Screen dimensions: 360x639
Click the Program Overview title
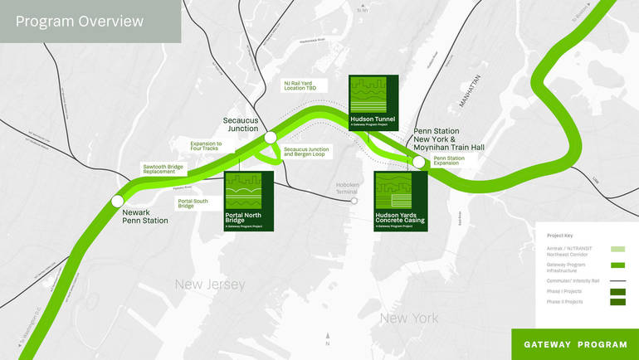[80, 22]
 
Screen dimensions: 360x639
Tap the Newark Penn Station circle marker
[118, 201]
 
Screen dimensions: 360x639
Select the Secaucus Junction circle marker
[270, 137]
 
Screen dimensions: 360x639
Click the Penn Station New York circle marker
[419, 163]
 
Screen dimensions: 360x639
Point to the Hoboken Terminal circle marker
[354, 201]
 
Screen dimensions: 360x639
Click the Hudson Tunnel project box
[373, 104]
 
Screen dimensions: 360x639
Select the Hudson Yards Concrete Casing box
[401, 201]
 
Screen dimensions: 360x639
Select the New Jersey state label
[210, 285]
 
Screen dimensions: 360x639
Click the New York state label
[408, 318]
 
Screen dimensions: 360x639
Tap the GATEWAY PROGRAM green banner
[574, 344]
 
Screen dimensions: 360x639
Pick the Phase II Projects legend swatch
[617, 302]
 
